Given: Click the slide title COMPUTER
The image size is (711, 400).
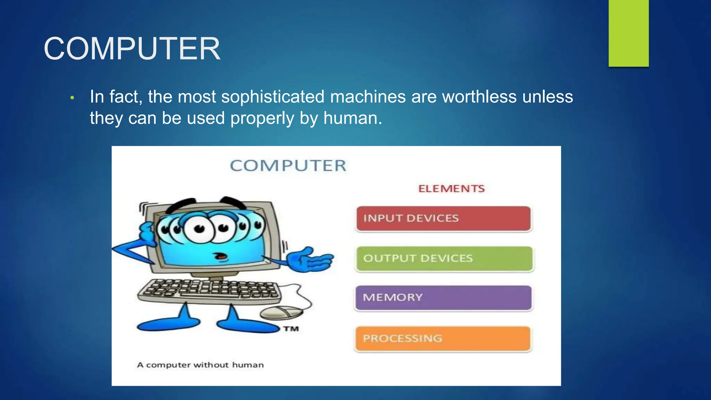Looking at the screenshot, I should tap(132, 49).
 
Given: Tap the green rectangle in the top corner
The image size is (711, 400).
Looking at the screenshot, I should tap(628, 33).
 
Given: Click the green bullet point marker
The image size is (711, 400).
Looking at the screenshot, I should tap(72, 98).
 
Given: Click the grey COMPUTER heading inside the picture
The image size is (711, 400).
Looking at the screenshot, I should tap(288, 166).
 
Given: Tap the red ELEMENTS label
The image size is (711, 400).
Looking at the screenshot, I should tap(451, 189).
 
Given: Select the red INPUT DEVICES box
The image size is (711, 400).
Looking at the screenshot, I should tap(444, 218).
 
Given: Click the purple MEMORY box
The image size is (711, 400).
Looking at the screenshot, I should tap(444, 298).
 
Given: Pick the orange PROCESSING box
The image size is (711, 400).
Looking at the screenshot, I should tap(443, 339).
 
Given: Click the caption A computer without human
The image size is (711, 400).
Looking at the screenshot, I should tap(200, 365).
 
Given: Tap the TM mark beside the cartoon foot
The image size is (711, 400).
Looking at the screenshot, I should tap(291, 328).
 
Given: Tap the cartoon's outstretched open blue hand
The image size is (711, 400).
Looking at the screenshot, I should tap(311, 260).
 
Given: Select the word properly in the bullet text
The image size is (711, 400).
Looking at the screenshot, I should tap(262, 118).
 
